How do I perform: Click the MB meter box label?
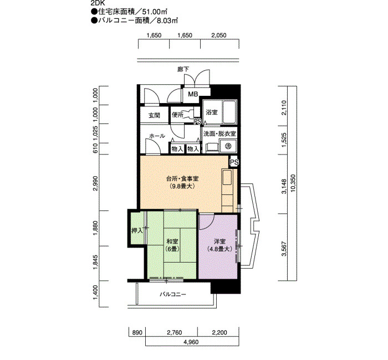193,94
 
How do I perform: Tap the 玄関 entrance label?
154,115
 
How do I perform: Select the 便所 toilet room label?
178,115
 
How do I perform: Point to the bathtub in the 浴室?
229,111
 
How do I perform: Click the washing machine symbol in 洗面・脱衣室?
228,146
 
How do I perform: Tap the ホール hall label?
157,136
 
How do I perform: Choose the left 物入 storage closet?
177,148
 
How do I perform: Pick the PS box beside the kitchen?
234,162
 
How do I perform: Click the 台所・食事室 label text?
182,178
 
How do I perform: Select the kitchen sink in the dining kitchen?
227,177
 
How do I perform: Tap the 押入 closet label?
137,231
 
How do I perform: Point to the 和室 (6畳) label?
172,245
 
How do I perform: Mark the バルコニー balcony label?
173,294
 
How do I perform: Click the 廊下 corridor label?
183,69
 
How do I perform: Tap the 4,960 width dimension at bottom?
191,342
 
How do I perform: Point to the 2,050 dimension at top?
219,35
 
